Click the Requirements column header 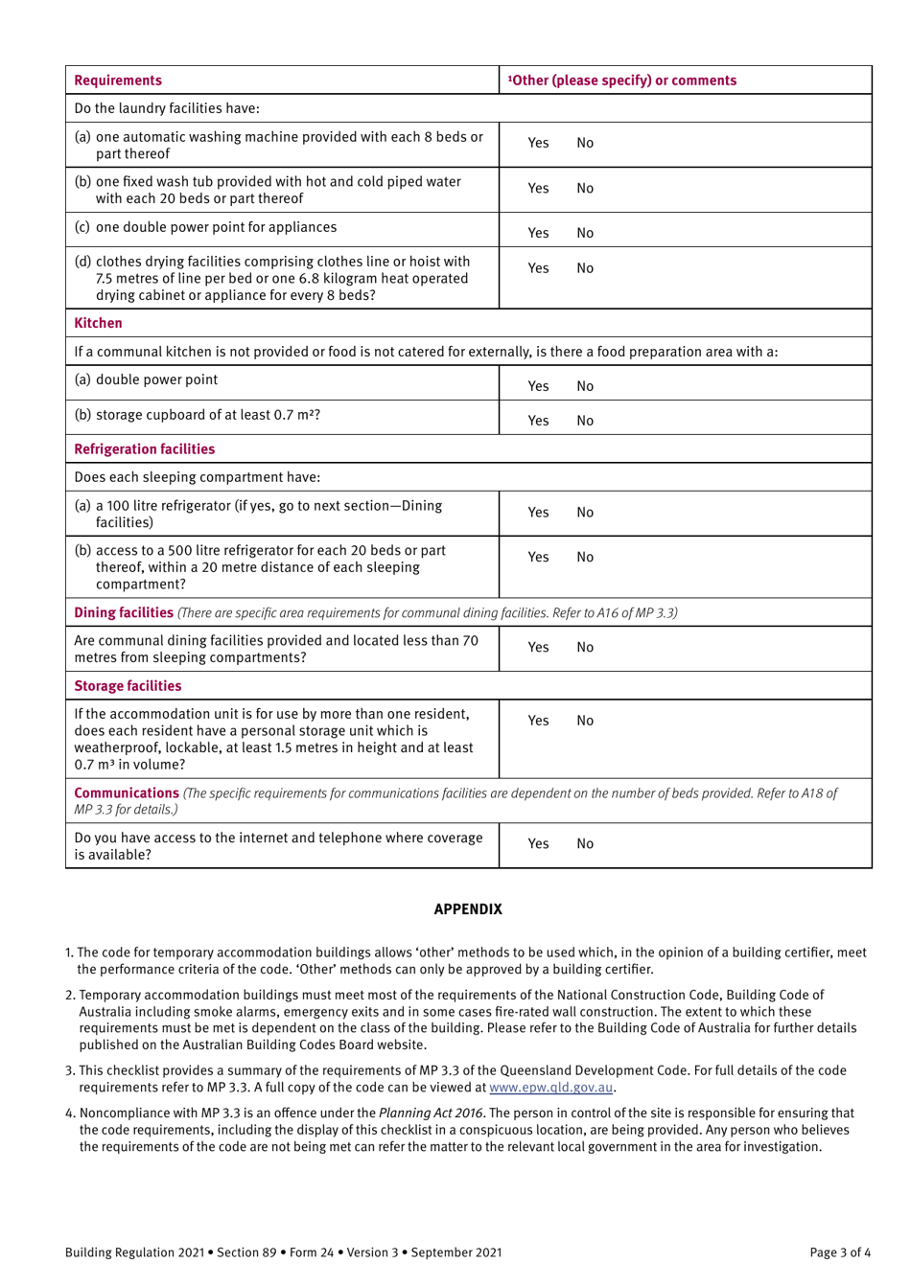click(x=118, y=80)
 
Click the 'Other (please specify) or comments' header click(x=622, y=80)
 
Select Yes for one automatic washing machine click(x=538, y=143)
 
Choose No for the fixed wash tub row click(x=585, y=189)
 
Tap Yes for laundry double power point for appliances click(x=538, y=233)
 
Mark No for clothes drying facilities click(x=585, y=268)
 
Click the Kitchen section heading click(x=99, y=323)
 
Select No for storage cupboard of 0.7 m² click(x=585, y=421)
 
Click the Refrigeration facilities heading click(x=145, y=449)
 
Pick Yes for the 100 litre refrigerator click(x=538, y=513)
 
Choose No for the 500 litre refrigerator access click(x=585, y=558)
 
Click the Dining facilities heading click(x=124, y=612)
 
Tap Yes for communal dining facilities click(x=538, y=648)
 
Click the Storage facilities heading click(x=128, y=686)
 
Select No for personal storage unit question click(x=585, y=721)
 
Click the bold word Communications click(x=127, y=793)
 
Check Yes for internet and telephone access click(x=538, y=844)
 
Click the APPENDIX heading click(x=468, y=909)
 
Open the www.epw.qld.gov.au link click(x=550, y=1088)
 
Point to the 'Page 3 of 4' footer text click(x=840, y=1252)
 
